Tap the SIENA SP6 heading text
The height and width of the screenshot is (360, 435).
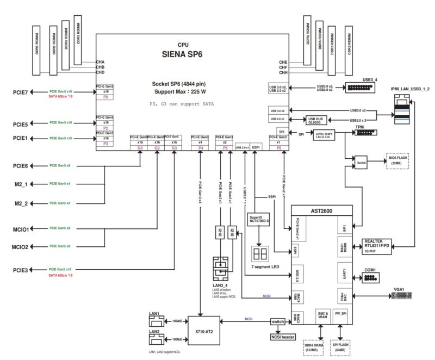click(x=183, y=54)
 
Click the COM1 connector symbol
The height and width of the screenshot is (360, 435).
click(x=369, y=278)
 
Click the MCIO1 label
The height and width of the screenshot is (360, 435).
click(x=20, y=229)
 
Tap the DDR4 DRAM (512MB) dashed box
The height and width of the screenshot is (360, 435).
click(x=316, y=347)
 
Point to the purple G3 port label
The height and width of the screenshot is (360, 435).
click(x=174, y=147)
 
